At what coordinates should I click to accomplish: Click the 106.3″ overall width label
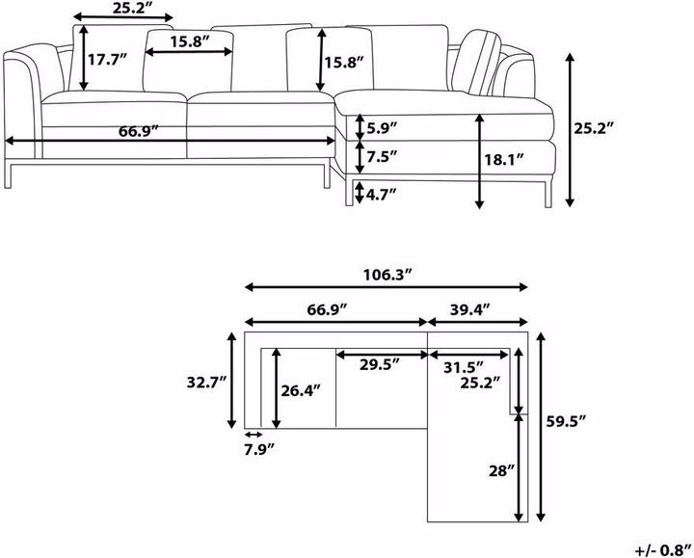click(387, 274)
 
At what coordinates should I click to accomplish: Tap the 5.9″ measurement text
click(382, 126)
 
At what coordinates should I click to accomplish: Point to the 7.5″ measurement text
click(382, 155)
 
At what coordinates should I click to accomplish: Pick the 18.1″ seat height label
click(505, 160)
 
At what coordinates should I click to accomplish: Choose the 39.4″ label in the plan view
click(470, 308)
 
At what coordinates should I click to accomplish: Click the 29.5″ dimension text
click(381, 366)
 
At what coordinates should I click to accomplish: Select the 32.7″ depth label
click(206, 382)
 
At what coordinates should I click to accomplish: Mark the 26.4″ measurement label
click(300, 390)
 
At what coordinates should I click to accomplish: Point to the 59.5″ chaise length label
click(566, 421)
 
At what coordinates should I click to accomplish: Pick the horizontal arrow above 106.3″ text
click(387, 287)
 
